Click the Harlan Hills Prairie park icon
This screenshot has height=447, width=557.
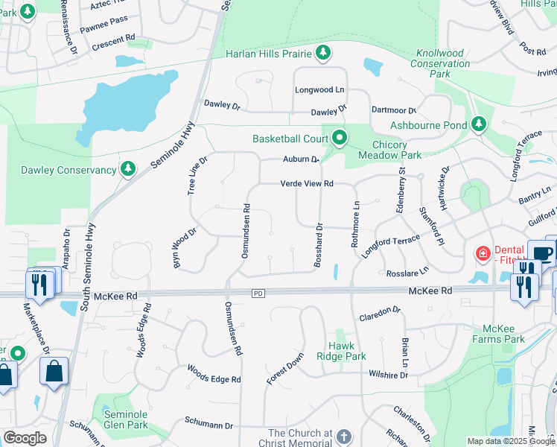click(x=323, y=52)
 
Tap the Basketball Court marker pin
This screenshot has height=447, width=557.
click(x=340, y=138)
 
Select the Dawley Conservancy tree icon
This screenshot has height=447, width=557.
click(x=128, y=170)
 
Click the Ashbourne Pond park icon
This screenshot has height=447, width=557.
click(x=480, y=124)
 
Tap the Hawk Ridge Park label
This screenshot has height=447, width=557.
click(x=347, y=351)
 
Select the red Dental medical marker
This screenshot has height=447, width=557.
click(x=483, y=254)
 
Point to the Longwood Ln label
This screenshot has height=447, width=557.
click(x=320, y=89)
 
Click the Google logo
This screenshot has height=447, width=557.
click(x=25, y=438)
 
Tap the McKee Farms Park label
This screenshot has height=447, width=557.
click(x=504, y=334)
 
